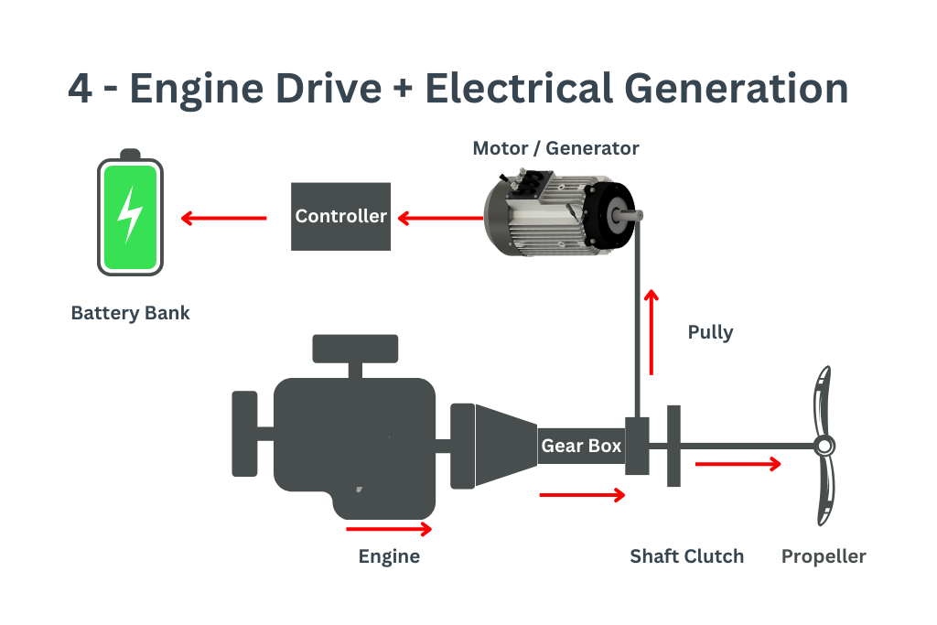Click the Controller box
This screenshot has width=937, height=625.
click(340, 216)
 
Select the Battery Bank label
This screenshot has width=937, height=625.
click(130, 313)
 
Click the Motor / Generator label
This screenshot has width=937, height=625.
click(555, 148)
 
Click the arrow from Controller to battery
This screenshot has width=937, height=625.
click(223, 218)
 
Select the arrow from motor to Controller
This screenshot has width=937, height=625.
click(439, 218)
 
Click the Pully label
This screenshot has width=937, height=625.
click(710, 331)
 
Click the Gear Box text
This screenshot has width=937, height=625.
click(581, 446)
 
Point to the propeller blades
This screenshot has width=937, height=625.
click(824, 446)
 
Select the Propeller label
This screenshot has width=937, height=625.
click(823, 556)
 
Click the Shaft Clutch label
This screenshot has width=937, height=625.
click(686, 556)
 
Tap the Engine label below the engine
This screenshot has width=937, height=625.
click(389, 556)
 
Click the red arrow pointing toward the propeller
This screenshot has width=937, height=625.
click(738, 464)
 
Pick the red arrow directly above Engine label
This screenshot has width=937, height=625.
click(389, 528)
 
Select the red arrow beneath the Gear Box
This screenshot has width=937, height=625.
click(582, 495)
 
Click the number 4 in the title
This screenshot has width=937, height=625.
click(81, 89)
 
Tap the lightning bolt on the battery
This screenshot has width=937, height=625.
click(130, 214)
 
